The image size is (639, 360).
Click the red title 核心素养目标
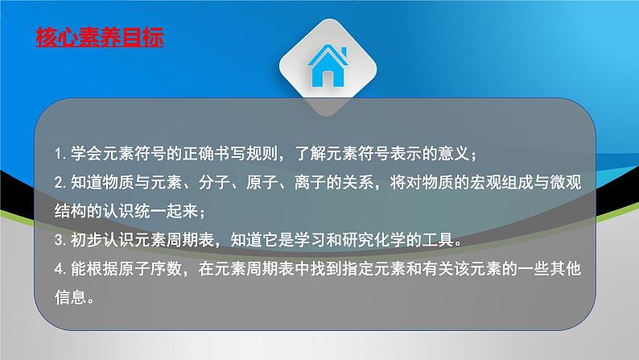tap(100, 38)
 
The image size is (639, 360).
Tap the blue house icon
tap(328, 66)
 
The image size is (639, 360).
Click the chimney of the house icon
tap(344, 52)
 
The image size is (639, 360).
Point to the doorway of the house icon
tap(328, 79)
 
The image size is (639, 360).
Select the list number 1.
tap(60, 154)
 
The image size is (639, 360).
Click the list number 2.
tap(60, 183)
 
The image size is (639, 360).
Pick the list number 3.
tap(60, 240)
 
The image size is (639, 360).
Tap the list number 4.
tap(60, 269)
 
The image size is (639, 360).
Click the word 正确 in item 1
tap(199, 154)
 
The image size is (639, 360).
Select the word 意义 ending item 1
tap(454, 154)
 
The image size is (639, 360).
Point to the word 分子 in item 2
tap(215, 183)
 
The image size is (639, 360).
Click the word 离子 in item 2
tap(311, 183)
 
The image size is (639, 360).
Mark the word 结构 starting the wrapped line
tap(71, 211)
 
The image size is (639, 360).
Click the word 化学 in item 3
tap(390, 240)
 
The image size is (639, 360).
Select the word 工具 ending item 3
tap(438, 240)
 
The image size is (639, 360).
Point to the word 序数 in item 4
tap(167, 269)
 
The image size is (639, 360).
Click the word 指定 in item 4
tap(358, 269)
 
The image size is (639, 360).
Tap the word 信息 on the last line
tap(71, 298)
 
